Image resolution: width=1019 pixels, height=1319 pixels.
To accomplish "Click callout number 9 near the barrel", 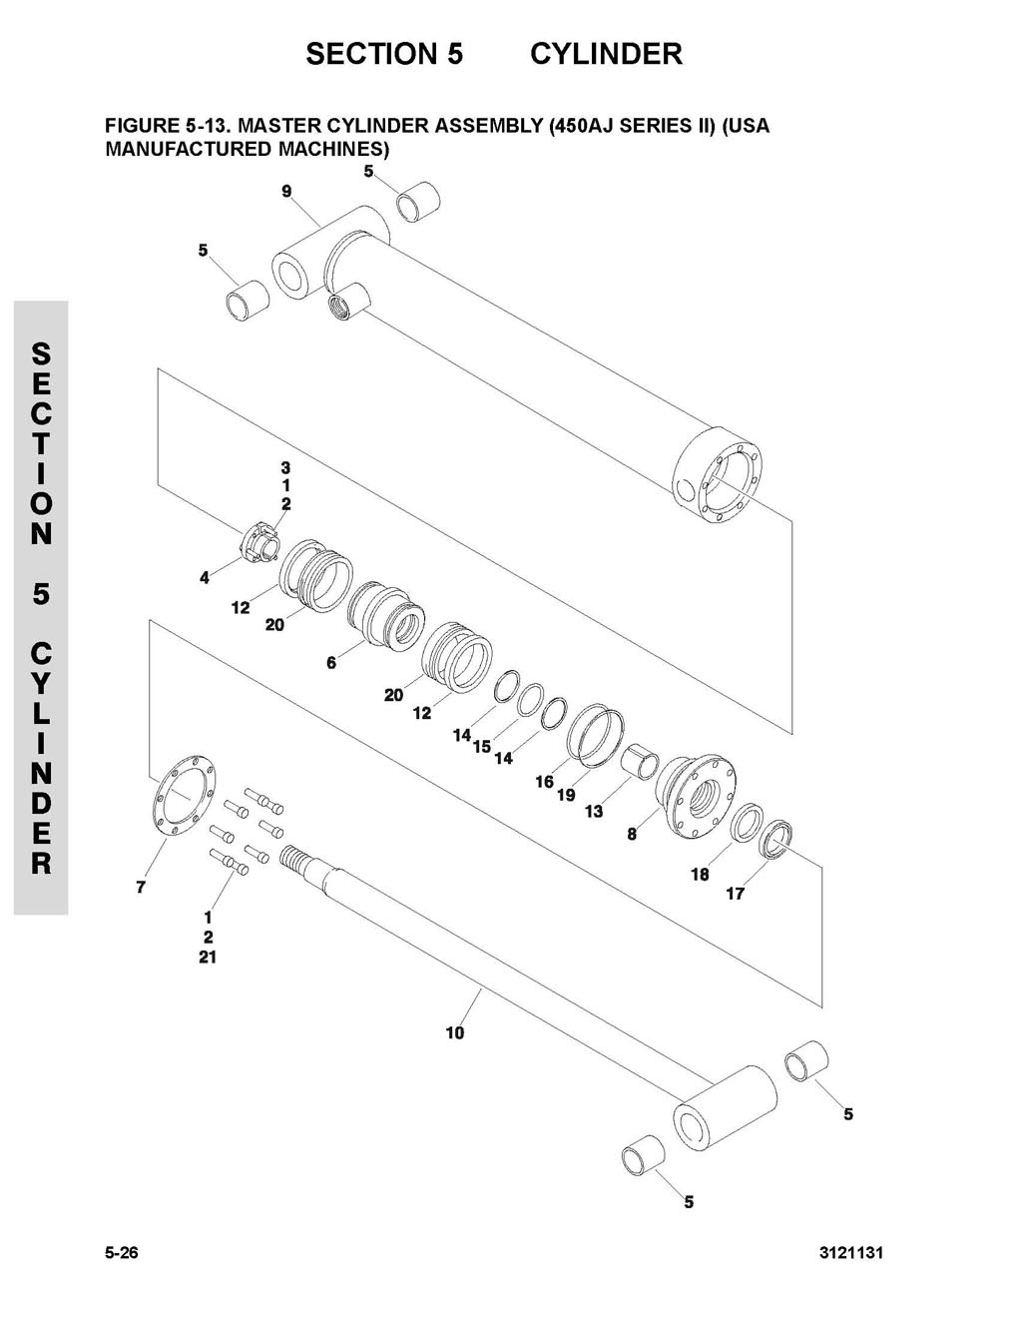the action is coord(286,192).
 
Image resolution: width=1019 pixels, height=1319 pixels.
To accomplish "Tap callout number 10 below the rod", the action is coord(455,1031).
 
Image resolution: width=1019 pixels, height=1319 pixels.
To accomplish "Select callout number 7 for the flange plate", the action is coord(141,888).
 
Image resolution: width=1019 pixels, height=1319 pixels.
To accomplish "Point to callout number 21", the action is coord(208,958).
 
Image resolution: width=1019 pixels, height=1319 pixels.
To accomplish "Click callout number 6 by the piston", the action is coord(331,663).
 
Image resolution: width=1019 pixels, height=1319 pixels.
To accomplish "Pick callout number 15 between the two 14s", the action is coord(482,747).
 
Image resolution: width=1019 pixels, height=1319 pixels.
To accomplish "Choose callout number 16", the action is coord(544,782).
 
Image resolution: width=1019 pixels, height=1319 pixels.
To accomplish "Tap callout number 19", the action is coord(566,795).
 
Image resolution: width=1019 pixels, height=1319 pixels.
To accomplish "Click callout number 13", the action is coord(594,812).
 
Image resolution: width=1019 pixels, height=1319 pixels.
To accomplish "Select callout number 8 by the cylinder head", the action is coord(632,834).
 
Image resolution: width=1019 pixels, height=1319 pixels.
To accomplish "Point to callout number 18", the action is coord(700,874).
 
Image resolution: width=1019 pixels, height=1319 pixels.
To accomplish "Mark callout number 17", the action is coord(736,894).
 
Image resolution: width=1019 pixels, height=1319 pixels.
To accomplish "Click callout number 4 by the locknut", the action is coord(205,578).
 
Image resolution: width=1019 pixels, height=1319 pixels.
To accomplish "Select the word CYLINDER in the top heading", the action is coord(606,53).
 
